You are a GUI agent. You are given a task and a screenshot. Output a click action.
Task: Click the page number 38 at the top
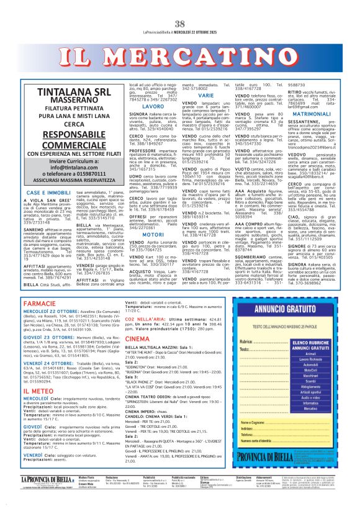click(180, 7)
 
